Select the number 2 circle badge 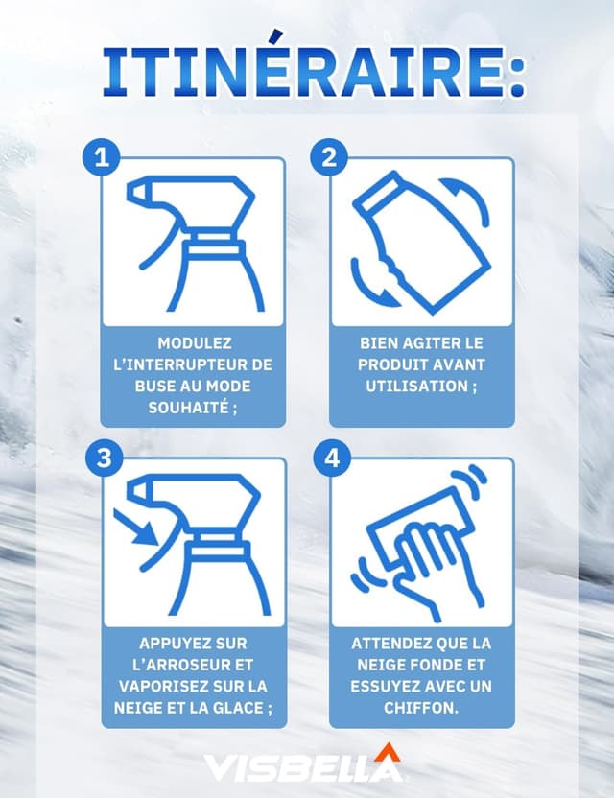329,157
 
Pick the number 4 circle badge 329,458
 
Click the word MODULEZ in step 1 194,342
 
